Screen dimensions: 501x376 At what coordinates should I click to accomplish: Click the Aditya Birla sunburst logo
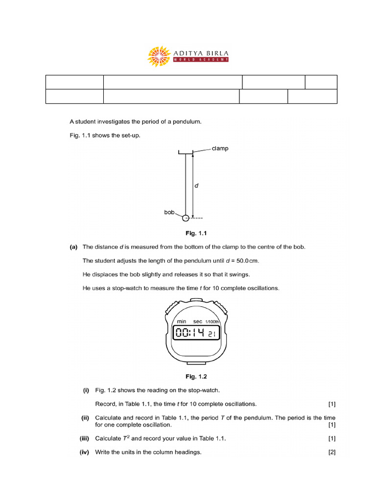(x=159, y=56)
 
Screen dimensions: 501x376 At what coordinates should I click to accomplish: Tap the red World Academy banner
(x=201, y=60)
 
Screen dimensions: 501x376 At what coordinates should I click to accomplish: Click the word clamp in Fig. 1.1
(x=220, y=148)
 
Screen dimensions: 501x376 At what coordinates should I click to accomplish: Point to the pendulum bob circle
(x=186, y=218)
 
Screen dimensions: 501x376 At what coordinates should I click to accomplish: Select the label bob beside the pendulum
(x=169, y=213)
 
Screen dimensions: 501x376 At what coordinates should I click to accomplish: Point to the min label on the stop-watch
(x=181, y=321)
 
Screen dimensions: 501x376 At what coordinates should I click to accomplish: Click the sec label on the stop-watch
(x=198, y=321)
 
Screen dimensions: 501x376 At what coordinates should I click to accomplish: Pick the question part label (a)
(x=74, y=247)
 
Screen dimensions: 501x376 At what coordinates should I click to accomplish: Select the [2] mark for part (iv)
(x=332, y=453)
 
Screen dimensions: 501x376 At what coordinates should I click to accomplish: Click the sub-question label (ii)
(x=84, y=418)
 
